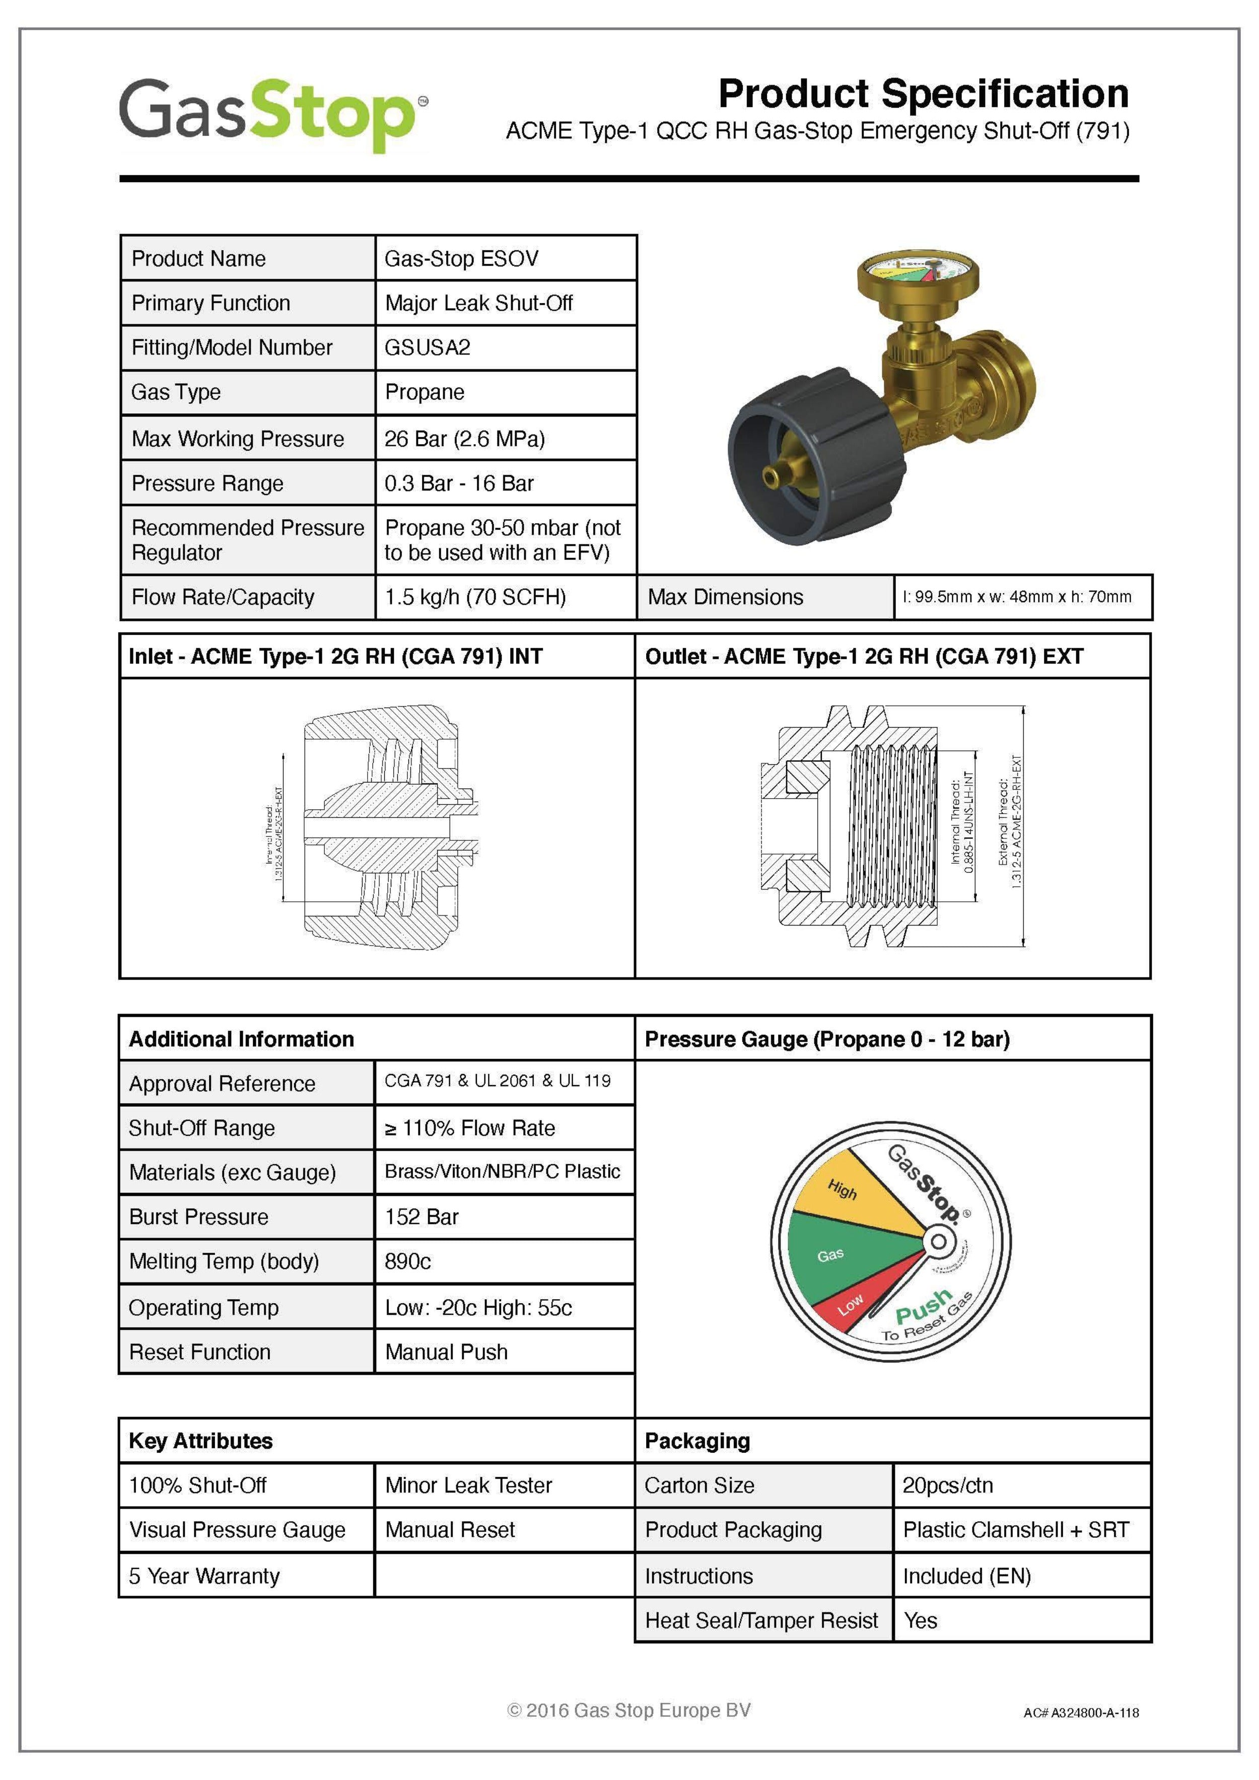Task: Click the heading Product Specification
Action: [923, 94]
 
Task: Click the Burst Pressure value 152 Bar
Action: [422, 1217]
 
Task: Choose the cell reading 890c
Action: [408, 1261]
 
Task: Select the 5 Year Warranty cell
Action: [204, 1576]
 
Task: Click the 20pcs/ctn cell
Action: [947, 1485]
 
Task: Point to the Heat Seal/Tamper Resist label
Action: [761, 1620]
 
